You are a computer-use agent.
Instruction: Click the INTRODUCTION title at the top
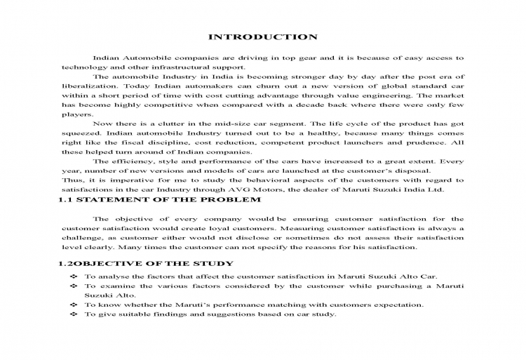pos(263,36)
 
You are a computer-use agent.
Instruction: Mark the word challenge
pos(82,237)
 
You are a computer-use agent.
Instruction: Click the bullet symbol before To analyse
pos(73,277)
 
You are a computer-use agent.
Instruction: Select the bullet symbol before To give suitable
pos(73,314)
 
